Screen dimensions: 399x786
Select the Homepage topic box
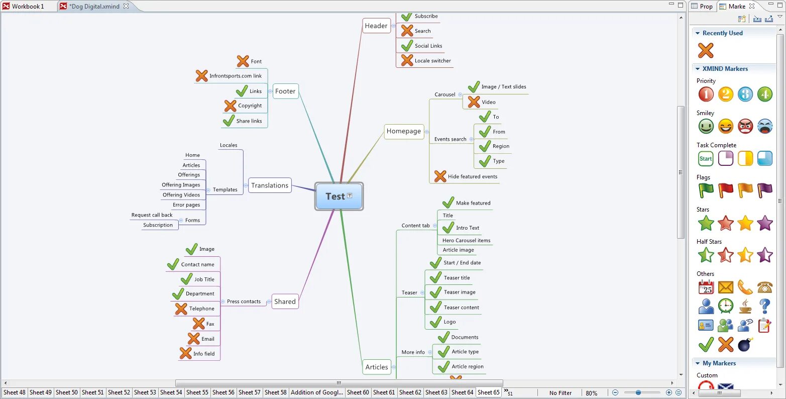(x=404, y=131)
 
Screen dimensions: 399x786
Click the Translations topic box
(x=270, y=185)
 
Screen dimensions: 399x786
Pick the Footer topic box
(x=285, y=91)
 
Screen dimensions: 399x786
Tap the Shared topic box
(x=285, y=302)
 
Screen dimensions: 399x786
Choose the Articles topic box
(x=377, y=367)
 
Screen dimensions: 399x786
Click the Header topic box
(x=376, y=26)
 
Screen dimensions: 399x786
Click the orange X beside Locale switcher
(x=407, y=60)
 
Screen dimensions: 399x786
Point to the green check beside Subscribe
(x=407, y=16)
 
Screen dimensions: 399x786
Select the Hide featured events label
(x=473, y=177)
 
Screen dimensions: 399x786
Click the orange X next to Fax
(x=199, y=324)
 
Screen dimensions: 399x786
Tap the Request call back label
(x=152, y=215)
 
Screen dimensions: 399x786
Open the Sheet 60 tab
(x=358, y=392)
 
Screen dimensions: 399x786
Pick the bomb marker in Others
(x=745, y=345)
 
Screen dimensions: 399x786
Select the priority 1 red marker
(x=706, y=94)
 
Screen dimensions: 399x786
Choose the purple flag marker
(x=764, y=190)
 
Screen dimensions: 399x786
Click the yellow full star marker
(x=745, y=223)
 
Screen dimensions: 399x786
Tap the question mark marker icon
(x=764, y=306)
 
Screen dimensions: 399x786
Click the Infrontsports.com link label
(x=236, y=76)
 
